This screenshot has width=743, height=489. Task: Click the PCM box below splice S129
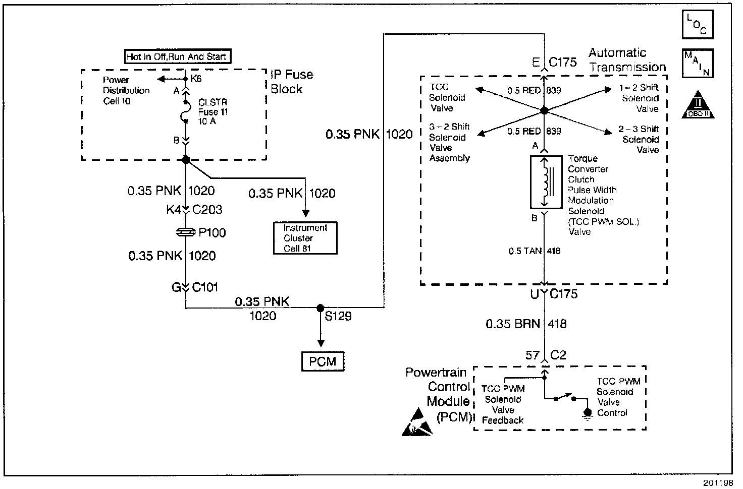click(323, 361)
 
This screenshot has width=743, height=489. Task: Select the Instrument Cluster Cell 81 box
click(305, 238)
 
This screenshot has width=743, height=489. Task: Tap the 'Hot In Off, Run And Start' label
click(177, 57)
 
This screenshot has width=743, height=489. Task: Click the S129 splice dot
click(320, 308)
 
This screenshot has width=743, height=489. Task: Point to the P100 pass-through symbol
click(186, 232)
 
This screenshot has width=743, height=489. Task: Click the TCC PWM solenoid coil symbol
click(544, 181)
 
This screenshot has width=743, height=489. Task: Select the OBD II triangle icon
click(698, 105)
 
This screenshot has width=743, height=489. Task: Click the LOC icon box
click(698, 25)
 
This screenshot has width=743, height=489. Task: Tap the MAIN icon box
click(698, 64)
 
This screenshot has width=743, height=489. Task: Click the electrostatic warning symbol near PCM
click(417, 424)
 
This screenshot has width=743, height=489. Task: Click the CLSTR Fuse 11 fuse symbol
click(185, 111)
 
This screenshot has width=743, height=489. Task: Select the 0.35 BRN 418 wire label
click(526, 324)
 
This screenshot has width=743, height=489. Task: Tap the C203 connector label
click(207, 210)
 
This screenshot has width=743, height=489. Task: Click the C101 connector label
click(204, 288)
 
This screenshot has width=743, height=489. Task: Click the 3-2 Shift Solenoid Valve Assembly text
click(449, 143)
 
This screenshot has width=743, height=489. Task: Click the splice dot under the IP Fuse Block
click(185, 160)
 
